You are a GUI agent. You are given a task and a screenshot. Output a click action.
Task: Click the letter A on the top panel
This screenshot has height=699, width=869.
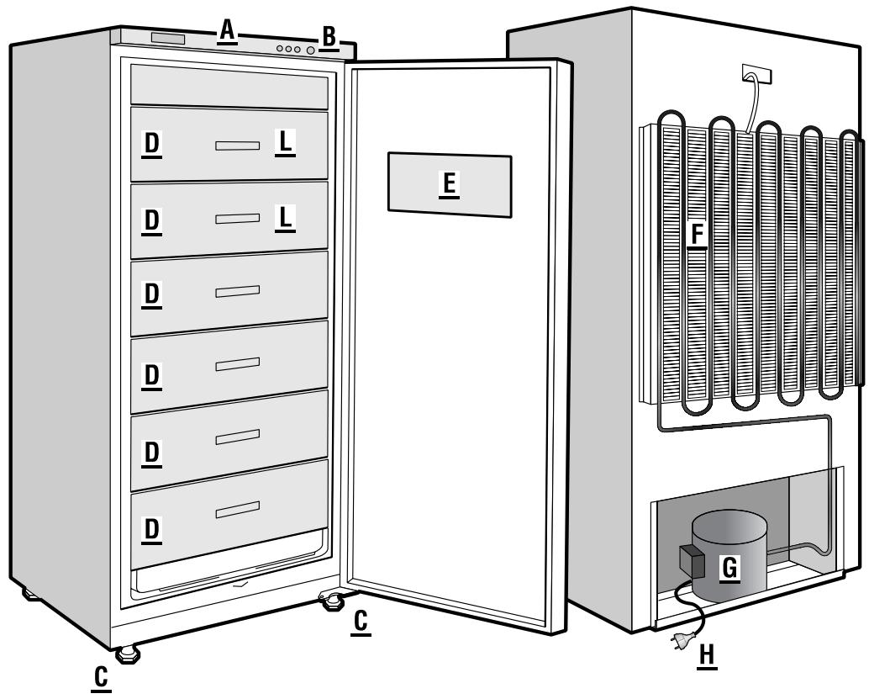point(225,31)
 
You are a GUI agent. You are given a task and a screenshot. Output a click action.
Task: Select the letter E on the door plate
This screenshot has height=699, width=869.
point(450,183)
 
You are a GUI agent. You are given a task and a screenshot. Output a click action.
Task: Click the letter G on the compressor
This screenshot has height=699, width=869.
point(730,568)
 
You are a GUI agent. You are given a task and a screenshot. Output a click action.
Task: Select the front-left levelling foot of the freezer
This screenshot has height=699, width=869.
point(127,653)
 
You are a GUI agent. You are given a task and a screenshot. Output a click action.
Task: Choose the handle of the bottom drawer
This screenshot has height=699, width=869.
point(237,509)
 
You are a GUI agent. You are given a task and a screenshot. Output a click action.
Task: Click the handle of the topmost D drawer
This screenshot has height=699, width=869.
point(237,146)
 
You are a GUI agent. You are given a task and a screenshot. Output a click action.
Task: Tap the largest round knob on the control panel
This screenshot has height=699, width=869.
point(311,50)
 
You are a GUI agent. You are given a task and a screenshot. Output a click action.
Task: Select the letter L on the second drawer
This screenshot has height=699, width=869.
point(286,219)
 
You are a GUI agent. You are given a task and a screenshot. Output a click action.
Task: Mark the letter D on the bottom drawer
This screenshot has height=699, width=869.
point(151,530)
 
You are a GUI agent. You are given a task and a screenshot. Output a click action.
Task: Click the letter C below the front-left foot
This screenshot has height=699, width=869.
point(102,677)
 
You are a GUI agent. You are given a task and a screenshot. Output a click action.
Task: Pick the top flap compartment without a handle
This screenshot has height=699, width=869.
point(229,87)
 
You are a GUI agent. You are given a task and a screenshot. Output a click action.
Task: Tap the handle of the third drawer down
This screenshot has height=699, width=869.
point(237,291)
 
